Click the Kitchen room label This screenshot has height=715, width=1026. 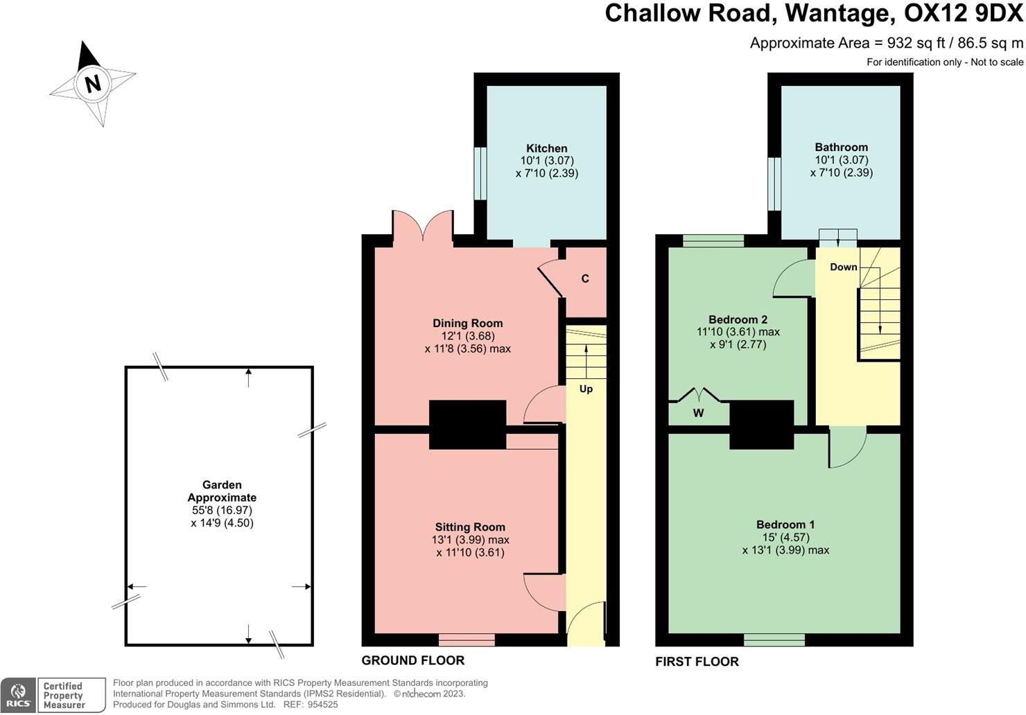click(546, 148)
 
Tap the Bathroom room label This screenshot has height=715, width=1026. click(841, 147)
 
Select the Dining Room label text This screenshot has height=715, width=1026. click(467, 323)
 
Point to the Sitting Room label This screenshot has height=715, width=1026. click(470, 527)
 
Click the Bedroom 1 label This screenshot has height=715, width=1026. click(785, 524)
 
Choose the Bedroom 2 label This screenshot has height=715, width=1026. click(738, 319)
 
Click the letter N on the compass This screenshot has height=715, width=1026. click(92, 83)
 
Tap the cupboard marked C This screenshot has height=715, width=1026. click(585, 279)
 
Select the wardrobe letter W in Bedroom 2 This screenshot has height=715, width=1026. click(698, 414)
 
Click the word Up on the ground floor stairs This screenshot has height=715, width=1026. click(586, 389)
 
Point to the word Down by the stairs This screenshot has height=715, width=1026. click(843, 267)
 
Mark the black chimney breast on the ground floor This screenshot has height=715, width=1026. click(467, 425)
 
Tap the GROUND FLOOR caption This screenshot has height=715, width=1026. click(412, 660)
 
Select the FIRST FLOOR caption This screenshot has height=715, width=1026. click(697, 662)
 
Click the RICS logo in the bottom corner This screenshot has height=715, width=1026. click(19, 695)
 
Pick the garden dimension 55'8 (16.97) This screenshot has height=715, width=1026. click(222, 510)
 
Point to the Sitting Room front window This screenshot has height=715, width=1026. click(467, 639)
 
